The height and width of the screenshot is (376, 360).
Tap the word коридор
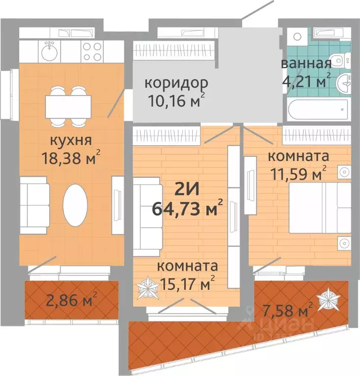tap(169, 82)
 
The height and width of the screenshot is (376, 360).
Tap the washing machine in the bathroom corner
tap(297, 36)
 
